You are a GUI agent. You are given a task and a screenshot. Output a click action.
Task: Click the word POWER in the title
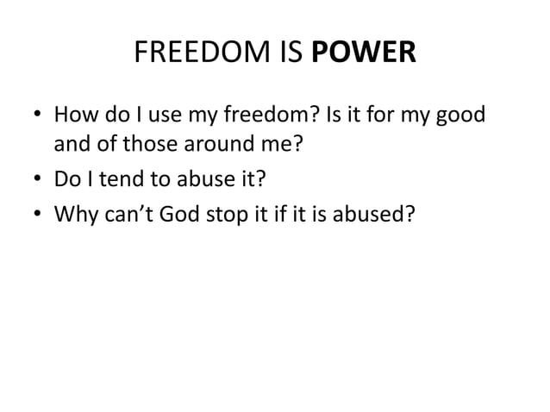coord(374,53)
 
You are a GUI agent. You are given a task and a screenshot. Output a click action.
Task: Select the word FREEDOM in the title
coord(197,53)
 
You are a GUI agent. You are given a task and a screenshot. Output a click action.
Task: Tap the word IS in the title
coord(295,53)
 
